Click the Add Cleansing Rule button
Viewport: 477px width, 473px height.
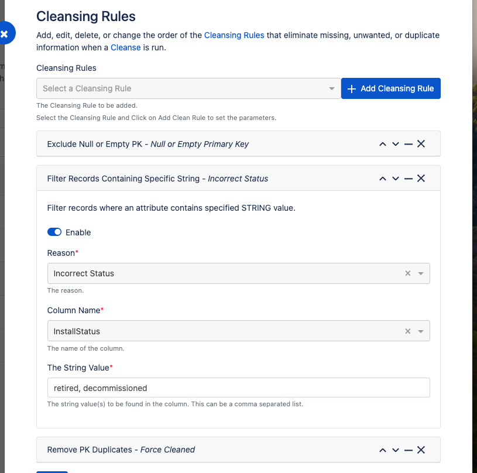(x=390, y=88)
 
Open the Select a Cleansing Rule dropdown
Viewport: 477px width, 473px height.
(x=188, y=88)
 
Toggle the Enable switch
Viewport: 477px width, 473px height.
(x=54, y=232)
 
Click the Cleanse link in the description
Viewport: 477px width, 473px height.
(x=125, y=47)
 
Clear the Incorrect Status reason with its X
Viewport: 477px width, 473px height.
(x=408, y=273)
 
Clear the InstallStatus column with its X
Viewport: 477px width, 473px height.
(x=408, y=331)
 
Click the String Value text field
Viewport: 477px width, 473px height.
(x=238, y=388)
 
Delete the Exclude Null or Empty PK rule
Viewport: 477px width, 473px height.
(x=421, y=144)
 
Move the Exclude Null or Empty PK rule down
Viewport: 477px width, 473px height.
(x=396, y=144)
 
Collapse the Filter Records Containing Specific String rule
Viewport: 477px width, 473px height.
(x=409, y=179)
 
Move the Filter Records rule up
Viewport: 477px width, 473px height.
(x=383, y=179)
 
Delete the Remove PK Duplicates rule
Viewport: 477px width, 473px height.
(x=421, y=450)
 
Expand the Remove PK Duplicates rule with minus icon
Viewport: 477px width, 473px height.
(x=409, y=450)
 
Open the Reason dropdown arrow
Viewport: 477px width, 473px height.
(x=421, y=273)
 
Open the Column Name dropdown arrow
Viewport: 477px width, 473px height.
(x=421, y=331)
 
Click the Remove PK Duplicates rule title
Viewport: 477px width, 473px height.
(x=121, y=450)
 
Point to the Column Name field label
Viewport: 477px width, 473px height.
(x=73, y=310)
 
